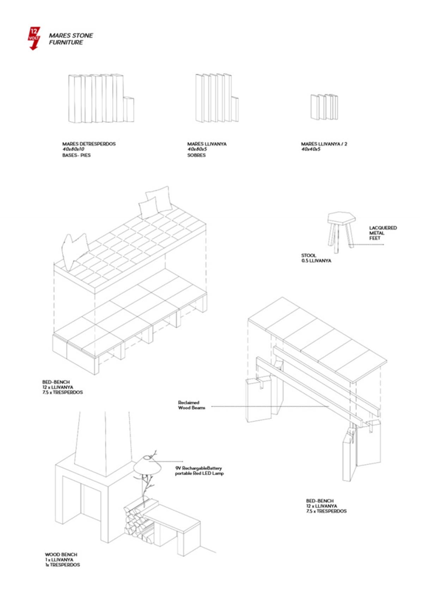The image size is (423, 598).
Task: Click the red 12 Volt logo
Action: tap(34, 38)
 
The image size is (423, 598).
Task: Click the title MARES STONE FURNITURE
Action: tap(70, 39)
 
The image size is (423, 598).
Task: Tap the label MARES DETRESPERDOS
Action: tap(89, 144)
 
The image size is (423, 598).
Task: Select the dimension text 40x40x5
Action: tap(311, 149)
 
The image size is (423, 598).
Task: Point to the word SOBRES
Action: tap(196, 155)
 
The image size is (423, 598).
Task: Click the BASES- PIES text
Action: tap(76, 155)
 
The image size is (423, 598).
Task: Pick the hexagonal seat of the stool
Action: tap(341, 217)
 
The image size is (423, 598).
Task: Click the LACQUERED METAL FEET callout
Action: tap(382, 233)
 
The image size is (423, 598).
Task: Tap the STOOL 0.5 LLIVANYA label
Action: tap(316, 258)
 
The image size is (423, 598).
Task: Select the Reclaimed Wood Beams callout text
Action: tap(191, 405)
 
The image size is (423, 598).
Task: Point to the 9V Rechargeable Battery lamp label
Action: tap(199, 470)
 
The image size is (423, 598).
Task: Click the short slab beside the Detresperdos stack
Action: tap(129, 110)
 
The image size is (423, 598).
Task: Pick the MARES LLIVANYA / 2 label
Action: tap(324, 144)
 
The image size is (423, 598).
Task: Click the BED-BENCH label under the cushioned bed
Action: tap(62, 387)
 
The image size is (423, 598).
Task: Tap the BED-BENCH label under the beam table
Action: tap(326, 506)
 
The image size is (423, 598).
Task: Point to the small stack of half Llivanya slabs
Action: tap(324, 106)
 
